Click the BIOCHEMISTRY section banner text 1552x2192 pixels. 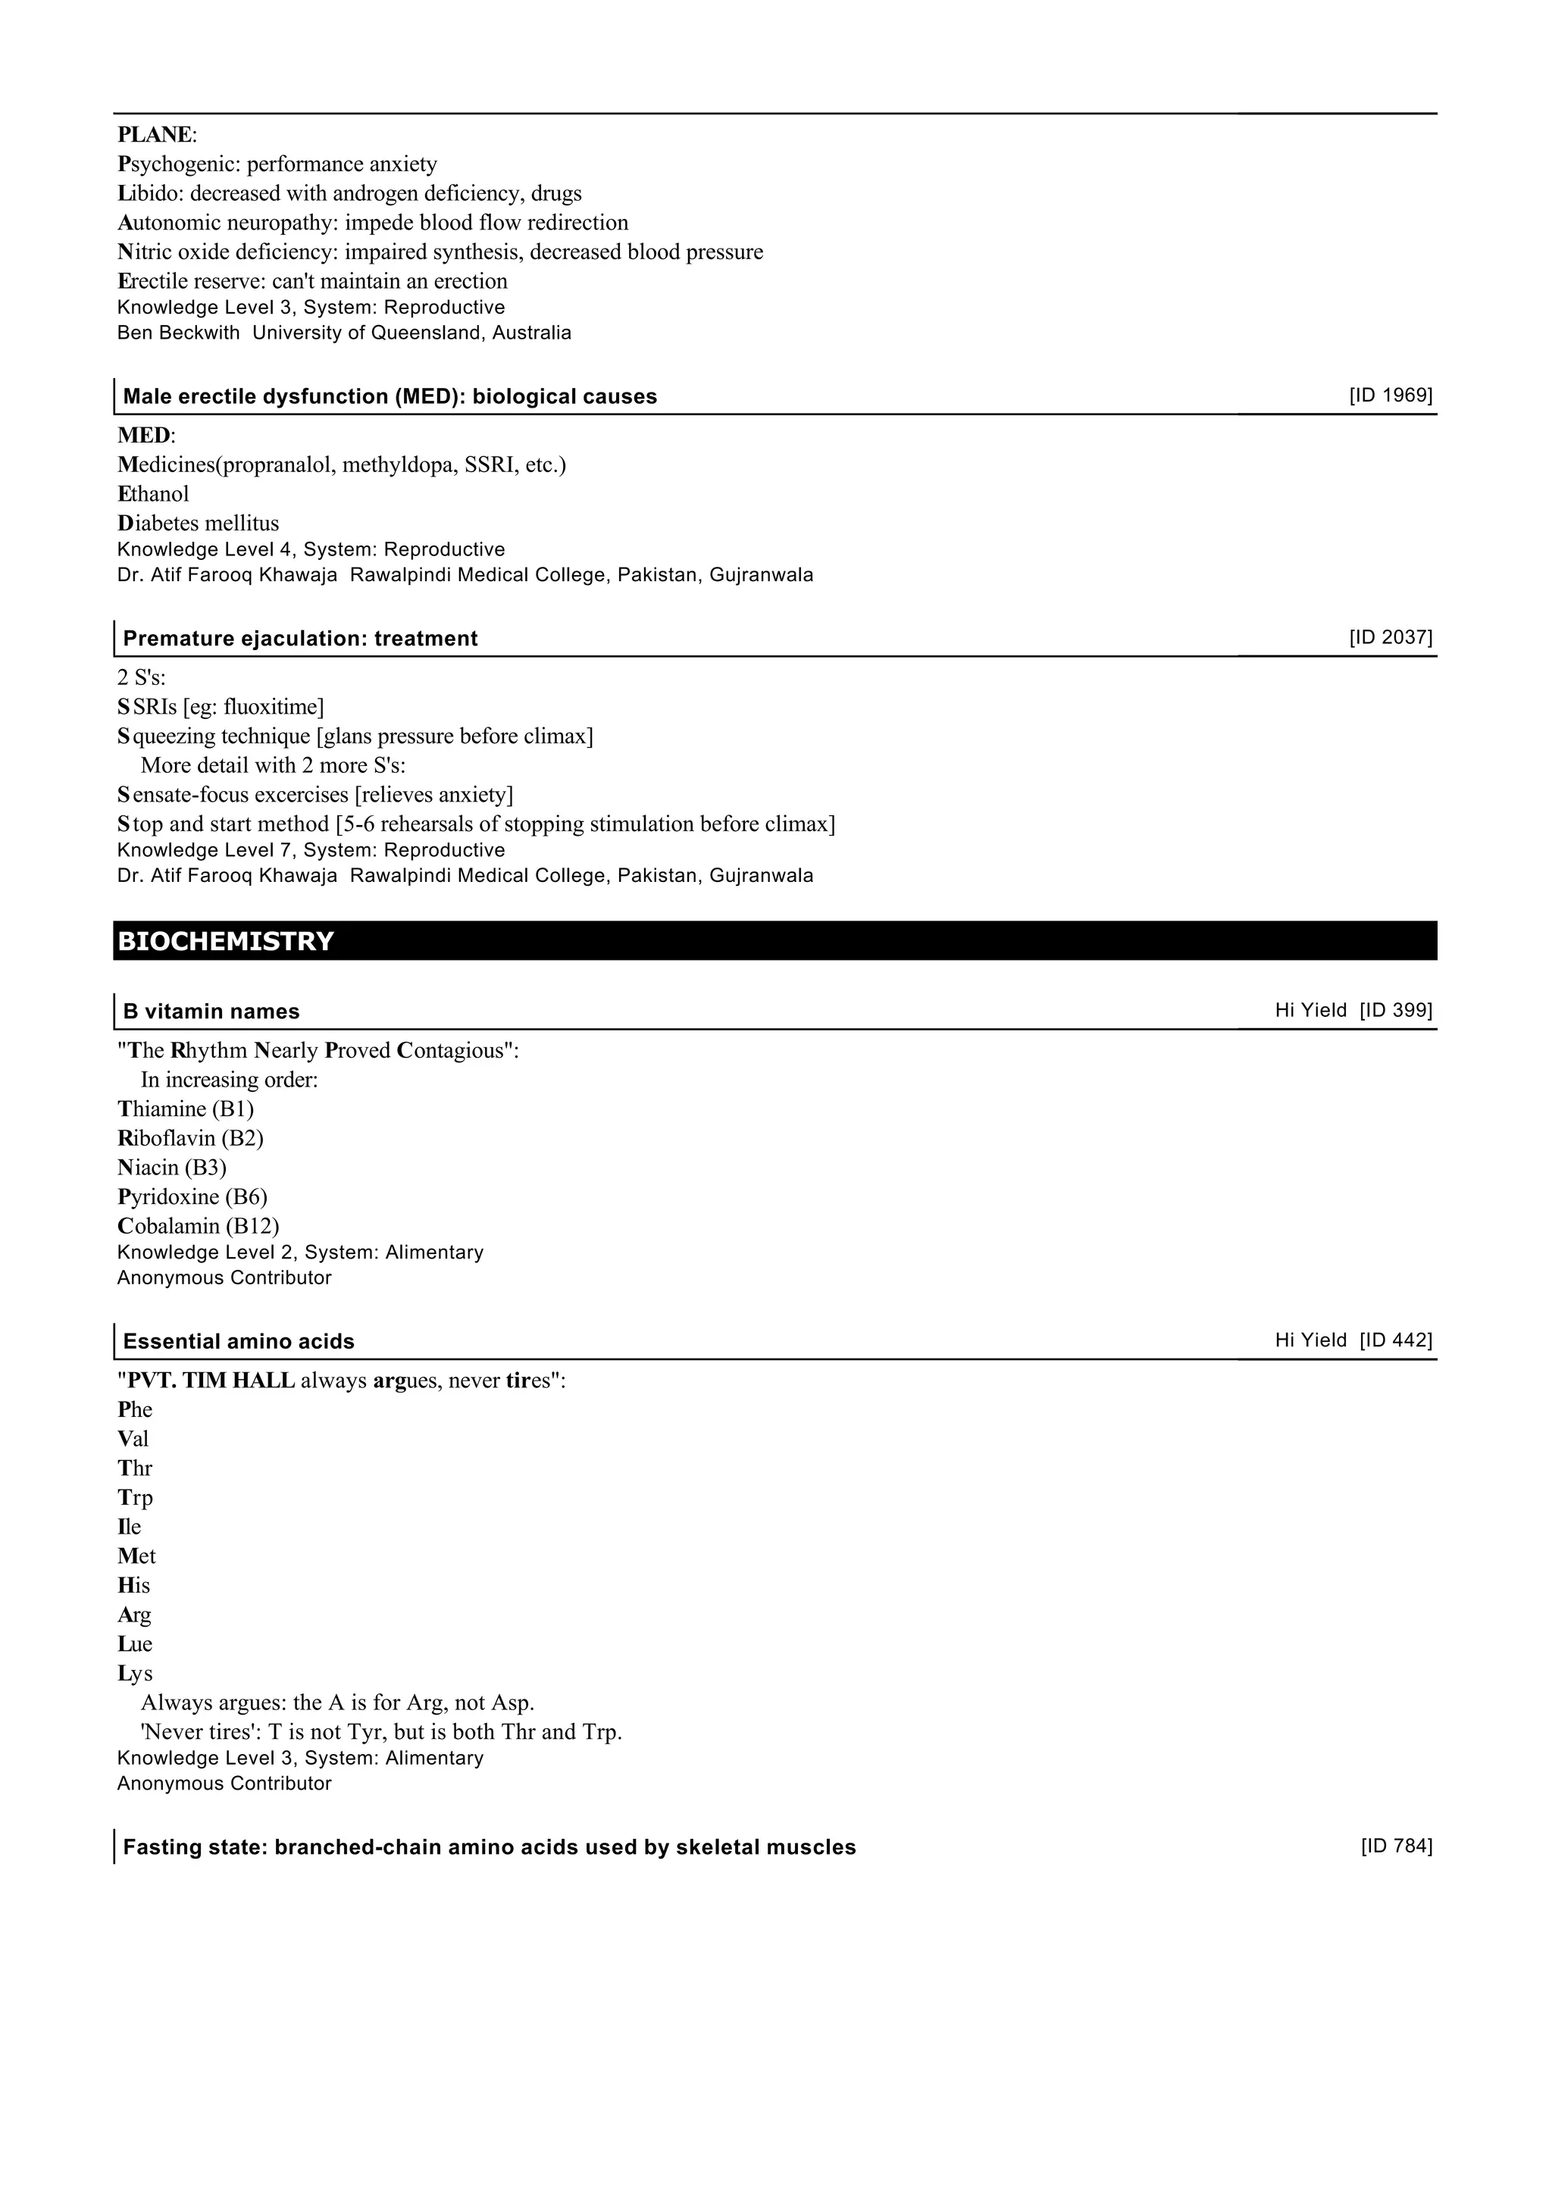click(x=226, y=941)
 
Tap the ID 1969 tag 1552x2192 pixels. click(x=1391, y=396)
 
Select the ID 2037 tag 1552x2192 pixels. click(x=1391, y=637)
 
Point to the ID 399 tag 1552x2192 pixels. click(x=1396, y=1010)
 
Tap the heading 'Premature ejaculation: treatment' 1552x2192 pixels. click(x=300, y=638)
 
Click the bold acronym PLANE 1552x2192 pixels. click(x=155, y=135)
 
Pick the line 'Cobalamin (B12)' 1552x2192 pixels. click(x=198, y=1226)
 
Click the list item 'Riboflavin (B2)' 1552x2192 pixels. click(x=190, y=1138)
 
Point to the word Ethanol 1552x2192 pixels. click(x=153, y=494)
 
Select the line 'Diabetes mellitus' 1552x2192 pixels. click(x=198, y=524)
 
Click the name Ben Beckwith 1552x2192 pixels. click(x=178, y=333)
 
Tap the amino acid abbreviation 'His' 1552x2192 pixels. click(x=134, y=1585)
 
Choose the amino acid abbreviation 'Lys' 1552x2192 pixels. click(x=135, y=1673)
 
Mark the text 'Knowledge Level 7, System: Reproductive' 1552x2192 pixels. click(x=311, y=849)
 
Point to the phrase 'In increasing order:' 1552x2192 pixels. click(x=230, y=1080)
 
